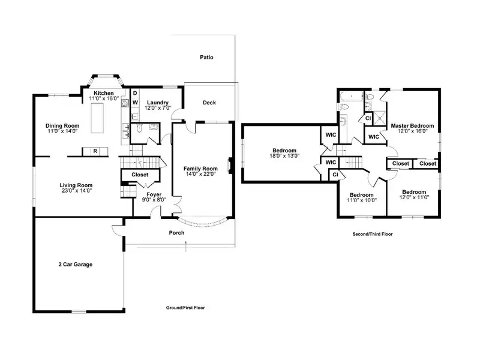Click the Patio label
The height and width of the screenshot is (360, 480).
(x=206, y=57)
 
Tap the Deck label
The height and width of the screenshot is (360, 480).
(x=209, y=103)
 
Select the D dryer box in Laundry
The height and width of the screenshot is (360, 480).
(x=135, y=93)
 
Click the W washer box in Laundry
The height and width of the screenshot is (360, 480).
(x=135, y=103)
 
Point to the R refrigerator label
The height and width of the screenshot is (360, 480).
(x=95, y=151)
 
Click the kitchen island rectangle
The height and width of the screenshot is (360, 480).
(x=97, y=118)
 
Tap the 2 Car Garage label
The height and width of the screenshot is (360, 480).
(x=76, y=265)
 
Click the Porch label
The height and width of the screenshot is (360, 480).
(x=176, y=233)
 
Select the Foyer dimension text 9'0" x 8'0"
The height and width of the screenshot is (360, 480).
(x=154, y=200)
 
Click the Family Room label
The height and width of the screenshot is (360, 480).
(x=200, y=169)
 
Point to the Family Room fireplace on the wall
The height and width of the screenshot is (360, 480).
(x=230, y=166)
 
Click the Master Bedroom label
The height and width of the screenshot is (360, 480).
(x=412, y=126)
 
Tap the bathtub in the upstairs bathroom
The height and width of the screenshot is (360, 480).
(x=352, y=97)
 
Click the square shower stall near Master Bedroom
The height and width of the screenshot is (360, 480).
(x=380, y=118)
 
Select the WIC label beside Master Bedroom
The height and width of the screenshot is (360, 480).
(x=373, y=137)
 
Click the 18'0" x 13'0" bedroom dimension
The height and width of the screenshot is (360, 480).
(x=284, y=156)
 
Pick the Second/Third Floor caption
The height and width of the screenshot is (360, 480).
(x=373, y=234)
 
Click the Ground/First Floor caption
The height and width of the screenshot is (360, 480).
(x=185, y=308)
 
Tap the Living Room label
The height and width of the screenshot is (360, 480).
(x=76, y=185)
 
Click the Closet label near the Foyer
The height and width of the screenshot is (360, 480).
(x=140, y=175)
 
